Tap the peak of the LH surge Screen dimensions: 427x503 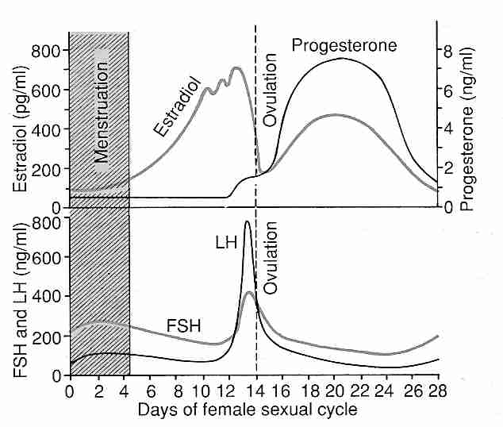[x=248, y=222]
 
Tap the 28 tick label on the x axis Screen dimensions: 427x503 [x=436, y=391]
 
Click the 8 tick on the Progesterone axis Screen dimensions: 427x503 [x=447, y=52]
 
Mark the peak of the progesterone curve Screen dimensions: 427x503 [x=341, y=59]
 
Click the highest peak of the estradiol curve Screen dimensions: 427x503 [x=236, y=68]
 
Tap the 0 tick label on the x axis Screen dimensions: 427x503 [x=70, y=391]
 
